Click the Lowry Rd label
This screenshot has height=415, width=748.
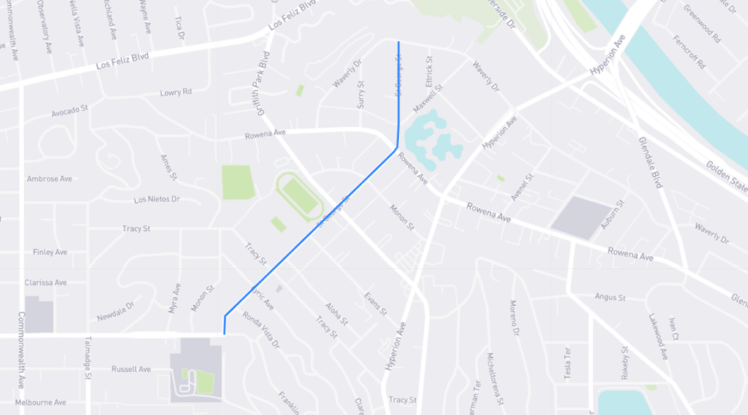176,93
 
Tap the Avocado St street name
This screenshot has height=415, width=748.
69,112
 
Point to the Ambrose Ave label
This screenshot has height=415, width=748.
50,178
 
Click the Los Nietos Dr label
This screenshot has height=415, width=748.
157,199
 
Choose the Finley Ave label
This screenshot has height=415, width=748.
50,252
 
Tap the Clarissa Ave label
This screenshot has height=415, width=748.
45,282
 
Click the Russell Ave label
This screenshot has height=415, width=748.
131,369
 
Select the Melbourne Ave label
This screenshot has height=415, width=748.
40,402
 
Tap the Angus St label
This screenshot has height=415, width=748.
611,297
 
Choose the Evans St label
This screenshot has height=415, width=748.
375,303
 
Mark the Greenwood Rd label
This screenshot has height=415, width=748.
702,24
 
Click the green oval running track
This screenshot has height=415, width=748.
299,195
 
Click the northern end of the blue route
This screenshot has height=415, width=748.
398,43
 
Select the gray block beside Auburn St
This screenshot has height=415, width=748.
581,216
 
